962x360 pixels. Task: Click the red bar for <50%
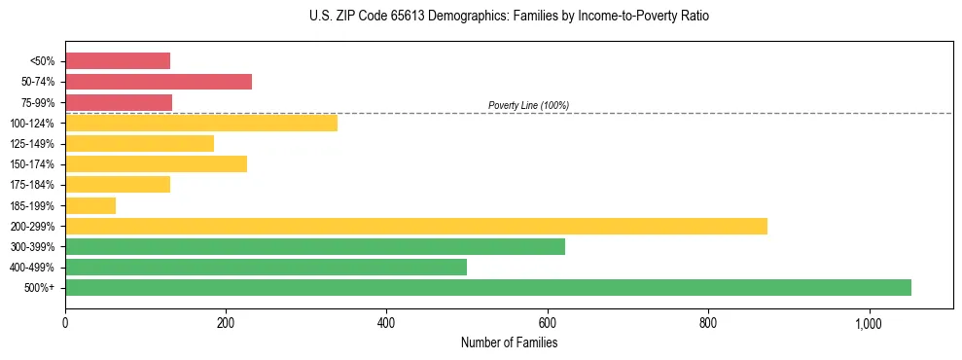(118, 61)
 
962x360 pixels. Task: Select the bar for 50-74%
(159, 82)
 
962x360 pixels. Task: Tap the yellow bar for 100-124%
(201, 123)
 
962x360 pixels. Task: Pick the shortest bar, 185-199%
(90, 205)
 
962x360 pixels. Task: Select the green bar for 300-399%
(315, 246)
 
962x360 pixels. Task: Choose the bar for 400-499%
(266, 267)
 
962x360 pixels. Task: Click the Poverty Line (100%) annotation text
(528, 105)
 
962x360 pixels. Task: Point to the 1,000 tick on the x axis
(869, 324)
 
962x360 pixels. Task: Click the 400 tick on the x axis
(386, 324)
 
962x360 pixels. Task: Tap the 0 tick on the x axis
(65, 324)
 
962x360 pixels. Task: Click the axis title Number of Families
(509, 342)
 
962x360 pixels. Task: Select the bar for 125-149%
(139, 144)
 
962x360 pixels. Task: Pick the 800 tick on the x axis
(708, 324)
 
